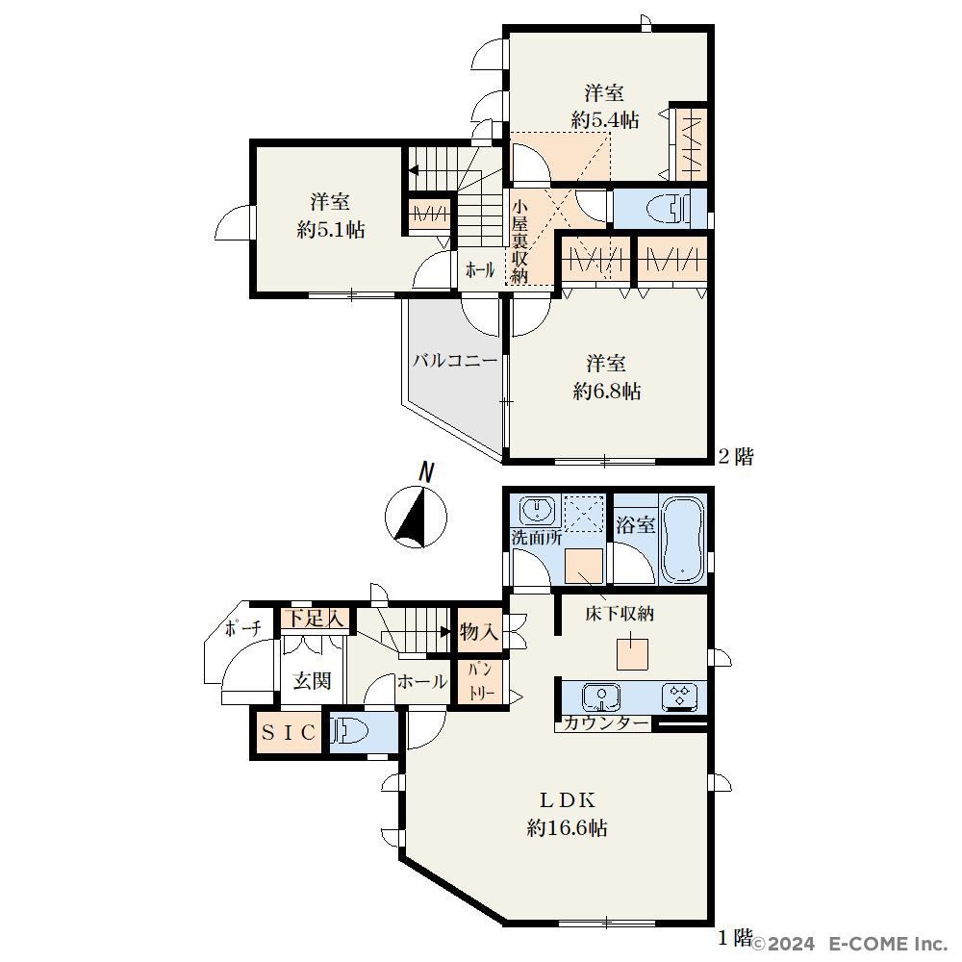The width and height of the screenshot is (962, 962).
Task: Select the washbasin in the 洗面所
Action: coord(538,511)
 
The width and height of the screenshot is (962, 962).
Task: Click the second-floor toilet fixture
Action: coord(670,209)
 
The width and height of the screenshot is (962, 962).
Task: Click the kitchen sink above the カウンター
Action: coord(600,696)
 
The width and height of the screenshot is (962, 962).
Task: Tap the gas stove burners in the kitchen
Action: coord(680,696)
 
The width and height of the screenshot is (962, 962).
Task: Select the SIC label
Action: coord(289,732)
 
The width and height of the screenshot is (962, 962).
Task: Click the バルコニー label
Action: coord(455,360)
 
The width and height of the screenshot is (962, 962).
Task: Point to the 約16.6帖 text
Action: coord(567,828)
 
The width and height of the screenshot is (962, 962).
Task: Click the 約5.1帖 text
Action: coord(331,230)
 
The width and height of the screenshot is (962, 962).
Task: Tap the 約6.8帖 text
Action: coord(607,391)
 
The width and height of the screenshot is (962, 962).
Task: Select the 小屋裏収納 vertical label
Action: coord(519,241)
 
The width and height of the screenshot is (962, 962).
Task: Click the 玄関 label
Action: coord(313,680)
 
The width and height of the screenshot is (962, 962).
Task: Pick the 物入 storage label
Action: coord(478,631)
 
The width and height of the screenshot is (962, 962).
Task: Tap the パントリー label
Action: coord(481,681)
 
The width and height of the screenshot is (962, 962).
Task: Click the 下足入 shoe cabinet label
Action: coord(316,618)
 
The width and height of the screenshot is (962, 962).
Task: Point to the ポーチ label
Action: coord(243,627)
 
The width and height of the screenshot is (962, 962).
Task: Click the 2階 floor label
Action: coord(736,456)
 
